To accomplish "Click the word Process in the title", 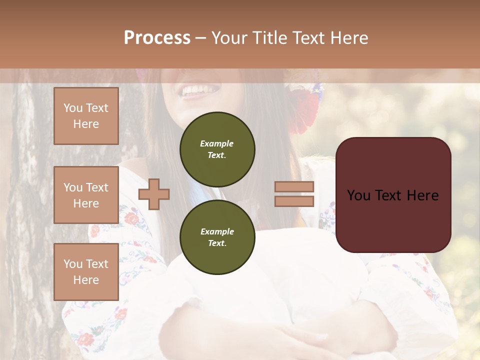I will [x=157, y=38].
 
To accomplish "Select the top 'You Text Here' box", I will [x=86, y=116].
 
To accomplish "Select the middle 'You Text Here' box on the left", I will [x=86, y=195].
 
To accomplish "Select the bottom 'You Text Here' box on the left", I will [x=86, y=271].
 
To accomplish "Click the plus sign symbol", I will [x=154, y=194].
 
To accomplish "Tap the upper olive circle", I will [x=217, y=149].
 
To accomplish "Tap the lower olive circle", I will [x=217, y=237].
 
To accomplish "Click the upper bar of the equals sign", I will [x=294, y=187].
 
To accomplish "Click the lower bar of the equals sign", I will [x=294, y=201].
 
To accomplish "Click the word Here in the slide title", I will [x=348, y=38].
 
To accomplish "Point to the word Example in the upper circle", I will [x=216, y=143].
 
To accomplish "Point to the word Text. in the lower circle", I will [x=216, y=243].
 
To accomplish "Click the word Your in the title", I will [x=229, y=38].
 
